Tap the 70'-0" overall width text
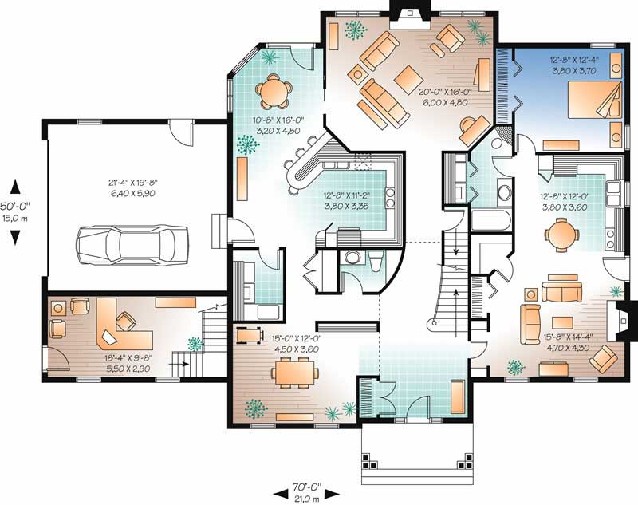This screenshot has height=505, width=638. tap(308, 484)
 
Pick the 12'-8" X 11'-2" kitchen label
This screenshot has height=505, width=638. tap(349, 199)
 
